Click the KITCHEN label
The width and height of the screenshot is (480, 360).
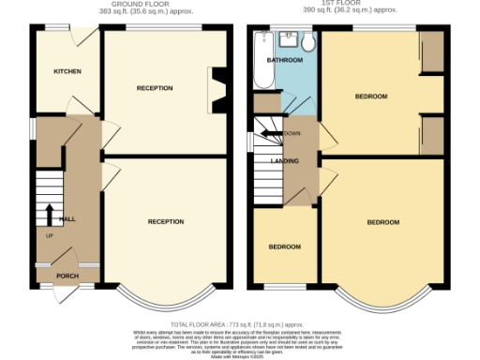67,71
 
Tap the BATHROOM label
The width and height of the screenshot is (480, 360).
285,61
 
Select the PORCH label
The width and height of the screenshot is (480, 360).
67,276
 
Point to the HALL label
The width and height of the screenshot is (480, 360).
67,217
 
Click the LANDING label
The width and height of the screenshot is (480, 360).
284,159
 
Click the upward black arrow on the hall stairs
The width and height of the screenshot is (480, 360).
48,214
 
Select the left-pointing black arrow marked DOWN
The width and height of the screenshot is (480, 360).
273,134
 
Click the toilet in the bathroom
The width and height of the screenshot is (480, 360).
309,42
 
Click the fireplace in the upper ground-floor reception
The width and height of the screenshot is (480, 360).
217,88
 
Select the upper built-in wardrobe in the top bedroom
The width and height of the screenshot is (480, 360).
432,55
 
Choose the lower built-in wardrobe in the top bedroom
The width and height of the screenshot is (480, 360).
432,135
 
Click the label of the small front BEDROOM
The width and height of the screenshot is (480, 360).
285,247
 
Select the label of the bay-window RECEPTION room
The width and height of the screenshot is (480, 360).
165,221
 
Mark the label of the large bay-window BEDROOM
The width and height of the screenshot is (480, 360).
382,222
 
